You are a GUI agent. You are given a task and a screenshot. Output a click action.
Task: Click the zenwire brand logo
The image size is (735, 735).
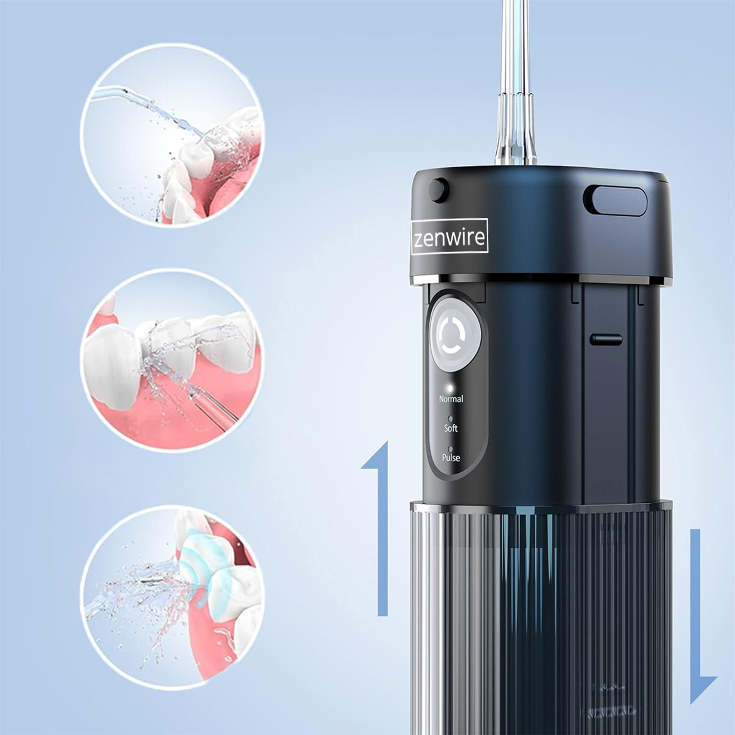point(450,237)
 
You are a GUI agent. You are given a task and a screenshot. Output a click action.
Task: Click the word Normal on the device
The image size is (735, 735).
point(451,399)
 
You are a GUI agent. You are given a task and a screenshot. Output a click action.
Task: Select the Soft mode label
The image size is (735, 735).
point(451,428)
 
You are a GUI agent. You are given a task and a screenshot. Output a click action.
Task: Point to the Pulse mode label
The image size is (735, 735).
point(451,458)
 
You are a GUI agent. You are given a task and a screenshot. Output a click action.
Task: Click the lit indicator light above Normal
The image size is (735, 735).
point(450,388)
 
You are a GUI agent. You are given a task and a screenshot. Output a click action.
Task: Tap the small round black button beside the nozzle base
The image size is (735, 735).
point(439,189)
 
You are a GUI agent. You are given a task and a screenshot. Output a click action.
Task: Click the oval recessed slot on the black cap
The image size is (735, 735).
point(615,200)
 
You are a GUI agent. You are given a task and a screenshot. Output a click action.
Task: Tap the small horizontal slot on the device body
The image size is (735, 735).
point(606,339)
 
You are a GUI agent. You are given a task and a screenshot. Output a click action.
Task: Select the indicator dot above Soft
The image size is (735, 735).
point(450,418)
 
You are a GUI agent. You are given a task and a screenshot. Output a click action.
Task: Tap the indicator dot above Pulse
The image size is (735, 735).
point(450,448)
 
